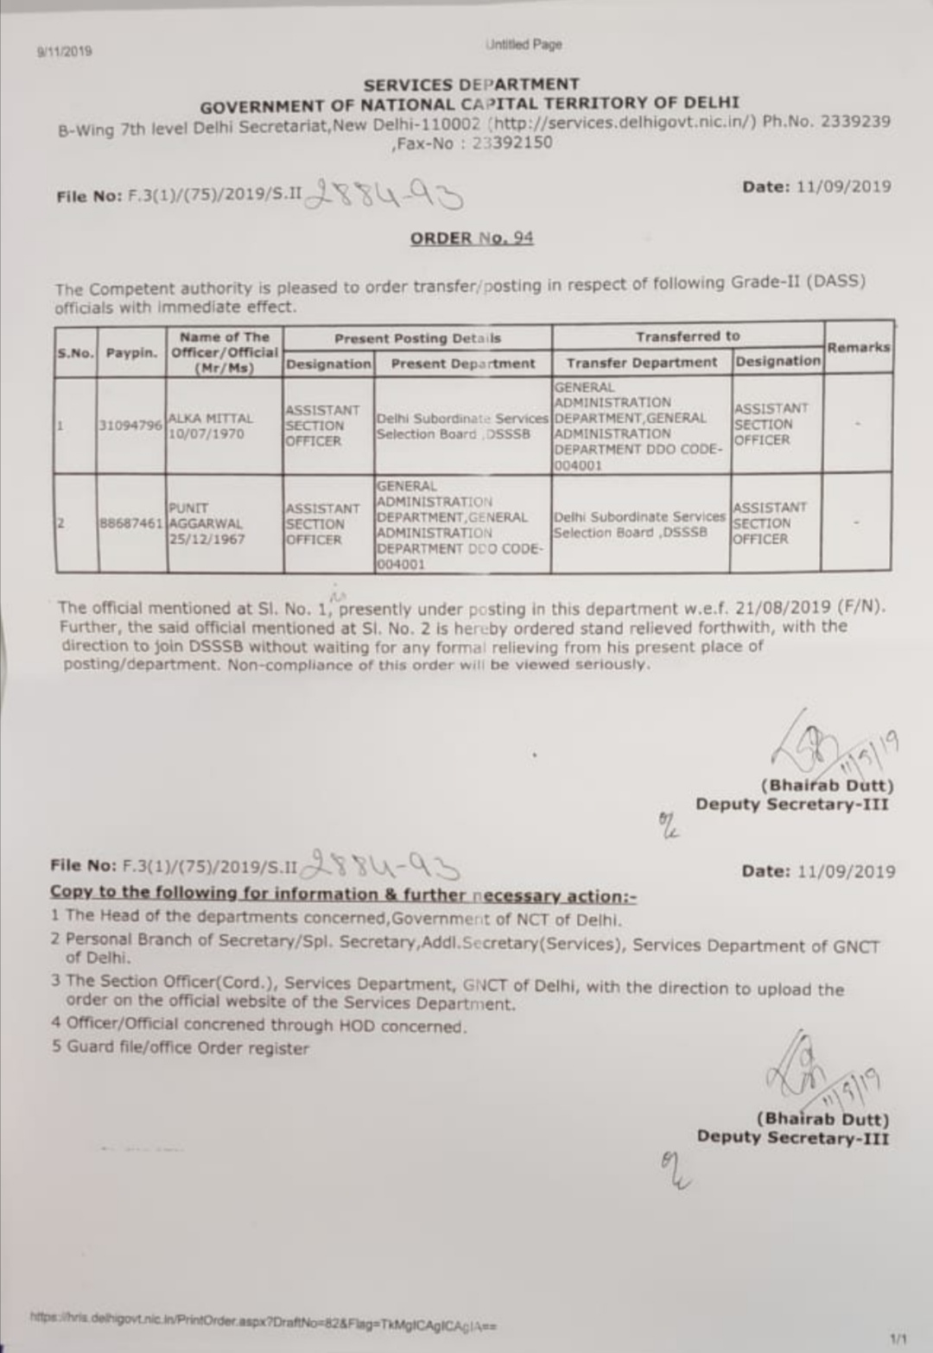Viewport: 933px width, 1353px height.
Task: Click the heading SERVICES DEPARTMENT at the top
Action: pyautogui.click(x=471, y=85)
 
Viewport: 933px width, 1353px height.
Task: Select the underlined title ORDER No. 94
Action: pyautogui.click(x=472, y=238)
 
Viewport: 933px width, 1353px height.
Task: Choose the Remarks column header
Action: pyautogui.click(x=858, y=347)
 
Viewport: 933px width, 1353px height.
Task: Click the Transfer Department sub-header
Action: pyautogui.click(x=641, y=363)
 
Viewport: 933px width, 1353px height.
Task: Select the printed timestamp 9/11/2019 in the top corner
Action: pyautogui.click(x=65, y=51)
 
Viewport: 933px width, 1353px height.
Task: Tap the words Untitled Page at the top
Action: pyautogui.click(x=524, y=44)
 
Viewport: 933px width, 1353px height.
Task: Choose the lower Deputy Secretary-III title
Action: pyautogui.click(x=792, y=1137)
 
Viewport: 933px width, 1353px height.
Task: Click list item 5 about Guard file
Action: pyautogui.click(x=180, y=1048)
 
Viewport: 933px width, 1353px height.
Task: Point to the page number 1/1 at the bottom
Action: pyautogui.click(x=899, y=1338)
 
